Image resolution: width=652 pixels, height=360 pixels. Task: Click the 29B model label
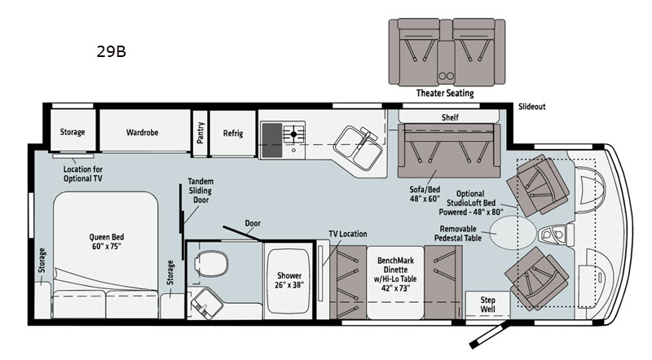[111, 51]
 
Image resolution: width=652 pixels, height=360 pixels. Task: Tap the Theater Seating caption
[445, 93]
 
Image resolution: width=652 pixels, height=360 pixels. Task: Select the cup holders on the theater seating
[446, 76]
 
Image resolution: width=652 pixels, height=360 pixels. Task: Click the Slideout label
[532, 107]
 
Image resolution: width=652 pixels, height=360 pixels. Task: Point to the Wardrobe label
[142, 132]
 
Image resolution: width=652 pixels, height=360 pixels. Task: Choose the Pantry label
[200, 133]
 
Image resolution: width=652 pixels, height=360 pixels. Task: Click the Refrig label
[233, 133]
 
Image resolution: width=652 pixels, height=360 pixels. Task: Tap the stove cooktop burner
[293, 134]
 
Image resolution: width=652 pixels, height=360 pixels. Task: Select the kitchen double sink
[358, 148]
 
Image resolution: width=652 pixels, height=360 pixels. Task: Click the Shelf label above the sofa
[450, 117]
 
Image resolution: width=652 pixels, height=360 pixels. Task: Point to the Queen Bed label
[107, 242]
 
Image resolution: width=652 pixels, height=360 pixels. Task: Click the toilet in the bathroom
[211, 264]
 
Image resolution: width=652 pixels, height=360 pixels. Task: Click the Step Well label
[487, 305]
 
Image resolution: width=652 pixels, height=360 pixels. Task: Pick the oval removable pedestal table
[512, 233]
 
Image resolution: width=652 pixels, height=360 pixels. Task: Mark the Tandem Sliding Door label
[200, 191]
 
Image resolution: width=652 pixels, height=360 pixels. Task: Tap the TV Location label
[348, 234]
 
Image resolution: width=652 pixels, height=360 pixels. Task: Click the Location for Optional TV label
[83, 173]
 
